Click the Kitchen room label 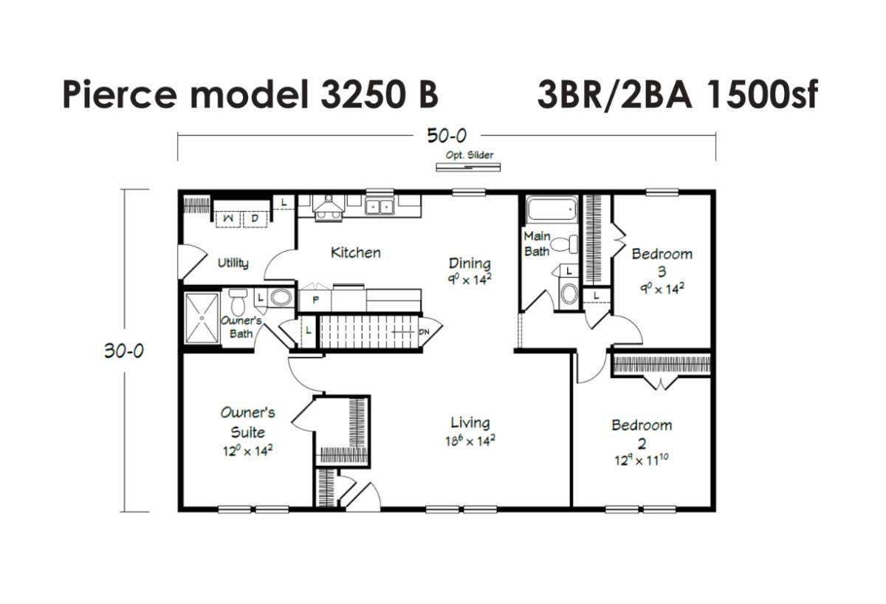click(x=356, y=253)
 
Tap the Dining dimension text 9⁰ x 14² click(x=470, y=280)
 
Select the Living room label click(x=470, y=423)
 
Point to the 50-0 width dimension click(x=447, y=136)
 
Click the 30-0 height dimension click(x=124, y=351)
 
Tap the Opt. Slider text click(x=470, y=154)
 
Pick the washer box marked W click(x=228, y=219)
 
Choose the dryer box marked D click(x=255, y=219)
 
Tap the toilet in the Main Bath click(x=564, y=244)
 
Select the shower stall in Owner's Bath click(x=202, y=318)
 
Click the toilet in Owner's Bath click(x=238, y=302)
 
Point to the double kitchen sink click(x=379, y=207)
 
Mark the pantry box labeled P click(x=315, y=301)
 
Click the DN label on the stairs click(x=424, y=332)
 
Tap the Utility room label click(x=233, y=263)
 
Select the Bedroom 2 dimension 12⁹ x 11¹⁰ click(x=641, y=459)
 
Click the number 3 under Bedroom click(x=662, y=272)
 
